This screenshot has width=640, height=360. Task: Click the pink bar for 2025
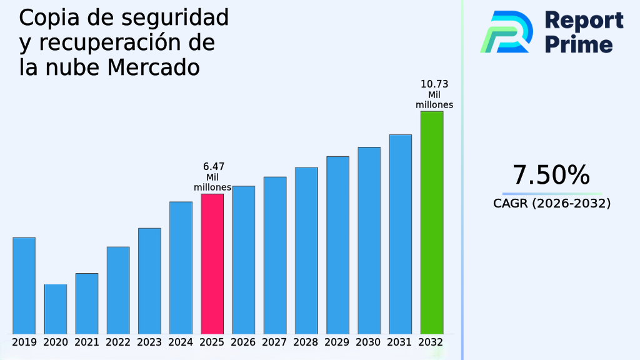pyautogui.click(x=212, y=263)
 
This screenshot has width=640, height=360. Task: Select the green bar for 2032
pyautogui.click(x=431, y=222)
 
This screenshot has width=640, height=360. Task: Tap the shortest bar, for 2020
pyautogui.click(x=55, y=309)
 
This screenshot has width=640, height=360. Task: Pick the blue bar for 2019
pyautogui.click(x=24, y=285)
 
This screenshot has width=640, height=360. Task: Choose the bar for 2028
pyautogui.click(x=306, y=250)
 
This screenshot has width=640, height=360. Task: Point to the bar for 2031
pyautogui.click(x=400, y=234)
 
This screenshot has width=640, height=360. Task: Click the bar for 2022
pyautogui.click(x=117, y=290)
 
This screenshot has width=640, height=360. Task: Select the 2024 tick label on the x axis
pyautogui.click(x=181, y=342)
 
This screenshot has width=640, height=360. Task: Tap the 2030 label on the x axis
pyautogui.click(x=369, y=342)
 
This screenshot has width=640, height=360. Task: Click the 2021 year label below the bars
pyautogui.click(x=86, y=342)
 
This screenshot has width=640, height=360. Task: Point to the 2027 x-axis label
pyautogui.click(x=275, y=342)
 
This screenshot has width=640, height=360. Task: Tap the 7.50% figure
pyautogui.click(x=551, y=176)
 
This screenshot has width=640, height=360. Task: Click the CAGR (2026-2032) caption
pyautogui.click(x=551, y=204)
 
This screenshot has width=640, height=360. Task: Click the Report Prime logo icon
pyautogui.click(x=506, y=31)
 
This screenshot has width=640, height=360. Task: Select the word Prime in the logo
pyautogui.click(x=579, y=44)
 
